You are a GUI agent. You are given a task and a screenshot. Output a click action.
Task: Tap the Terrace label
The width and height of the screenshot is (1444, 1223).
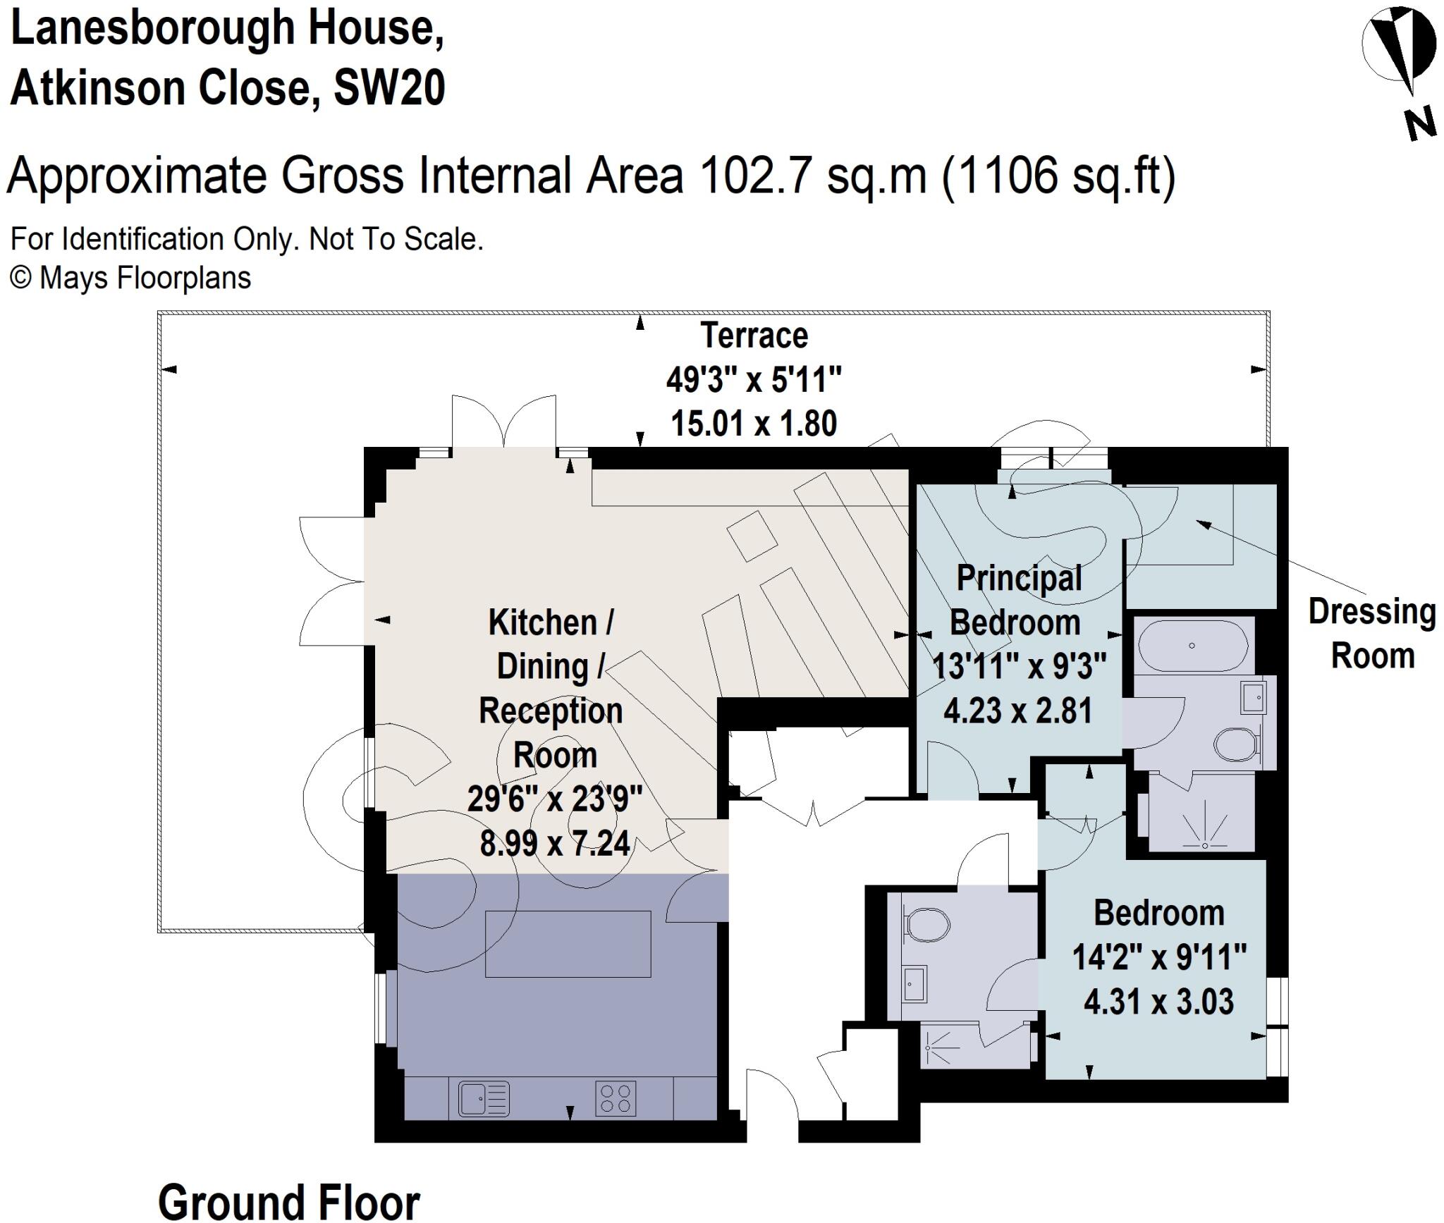[754, 336]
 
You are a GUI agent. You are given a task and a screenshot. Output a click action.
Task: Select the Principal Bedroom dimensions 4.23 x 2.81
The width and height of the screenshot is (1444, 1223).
[1017, 711]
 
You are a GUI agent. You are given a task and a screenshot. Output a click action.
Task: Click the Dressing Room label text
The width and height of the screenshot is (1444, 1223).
[1372, 634]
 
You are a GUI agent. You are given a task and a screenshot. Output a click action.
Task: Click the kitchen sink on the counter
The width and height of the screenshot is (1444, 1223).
[484, 1099]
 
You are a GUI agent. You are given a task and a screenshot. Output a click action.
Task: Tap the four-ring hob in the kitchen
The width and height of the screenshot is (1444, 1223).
[616, 1099]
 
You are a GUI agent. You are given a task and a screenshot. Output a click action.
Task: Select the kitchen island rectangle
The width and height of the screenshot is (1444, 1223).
[568, 943]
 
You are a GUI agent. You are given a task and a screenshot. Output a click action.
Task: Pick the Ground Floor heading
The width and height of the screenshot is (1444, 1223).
[288, 1200]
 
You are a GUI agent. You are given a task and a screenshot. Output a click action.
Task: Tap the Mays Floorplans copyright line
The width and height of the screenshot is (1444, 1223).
[130, 278]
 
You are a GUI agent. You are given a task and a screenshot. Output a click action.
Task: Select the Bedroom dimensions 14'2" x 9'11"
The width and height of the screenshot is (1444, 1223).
[1159, 957]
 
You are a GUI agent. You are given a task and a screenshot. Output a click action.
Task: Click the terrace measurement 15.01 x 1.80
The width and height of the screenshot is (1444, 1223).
[754, 424]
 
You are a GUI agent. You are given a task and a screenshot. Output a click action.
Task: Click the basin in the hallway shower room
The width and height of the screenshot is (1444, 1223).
[914, 983]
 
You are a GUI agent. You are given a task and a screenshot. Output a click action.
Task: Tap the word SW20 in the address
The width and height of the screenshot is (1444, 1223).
[389, 89]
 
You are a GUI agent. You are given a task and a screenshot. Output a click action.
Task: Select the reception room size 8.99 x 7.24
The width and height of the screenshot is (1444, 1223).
[555, 843]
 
